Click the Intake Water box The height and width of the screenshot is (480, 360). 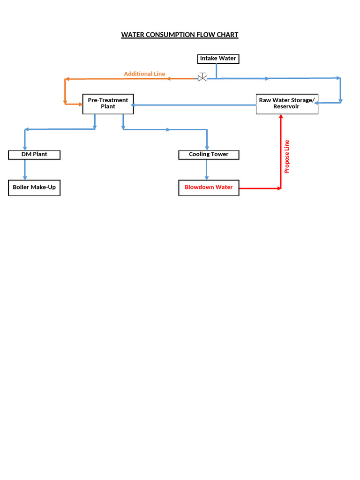tap(218, 59)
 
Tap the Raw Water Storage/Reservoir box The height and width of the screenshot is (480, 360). tap(287, 104)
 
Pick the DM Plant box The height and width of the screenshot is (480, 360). tap(34, 154)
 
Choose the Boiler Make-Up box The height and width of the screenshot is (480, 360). tap(34, 187)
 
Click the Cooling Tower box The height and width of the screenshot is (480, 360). tap(209, 154)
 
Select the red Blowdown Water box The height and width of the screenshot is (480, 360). tap(209, 187)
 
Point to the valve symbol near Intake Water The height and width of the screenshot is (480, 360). tap(202, 78)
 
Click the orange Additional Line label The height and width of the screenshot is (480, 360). tap(144, 74)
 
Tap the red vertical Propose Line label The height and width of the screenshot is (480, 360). tap(287, 157)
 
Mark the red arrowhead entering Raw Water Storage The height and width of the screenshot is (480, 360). tap(281, 117)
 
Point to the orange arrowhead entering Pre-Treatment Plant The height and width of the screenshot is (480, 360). tap(80, 104)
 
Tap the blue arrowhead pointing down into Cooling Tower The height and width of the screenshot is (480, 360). tap(207, 147)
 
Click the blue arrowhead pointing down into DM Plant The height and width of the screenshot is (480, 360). tap(24, 147)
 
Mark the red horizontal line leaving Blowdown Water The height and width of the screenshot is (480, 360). tap(260, 188)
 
